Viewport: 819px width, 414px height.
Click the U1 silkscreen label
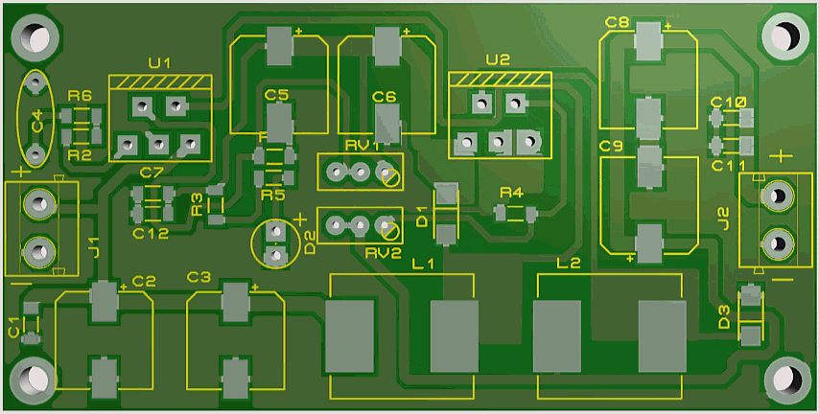(x=159, y=63)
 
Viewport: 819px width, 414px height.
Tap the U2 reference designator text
(x=498, y=59)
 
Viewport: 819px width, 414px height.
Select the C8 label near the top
(x=617, y=22)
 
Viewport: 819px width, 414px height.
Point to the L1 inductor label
(x=423, y=264)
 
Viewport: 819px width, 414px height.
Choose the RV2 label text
(x=383, y=253)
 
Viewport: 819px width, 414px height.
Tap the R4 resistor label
(x=511, y=194)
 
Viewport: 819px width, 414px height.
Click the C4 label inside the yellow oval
(x=36, y=122)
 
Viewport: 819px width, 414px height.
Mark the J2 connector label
(x=723, y=218)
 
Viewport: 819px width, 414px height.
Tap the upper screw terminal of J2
(x=776, y=196)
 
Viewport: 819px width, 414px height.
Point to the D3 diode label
(x=725, y=316)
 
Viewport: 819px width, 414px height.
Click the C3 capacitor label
(x=199, y=277)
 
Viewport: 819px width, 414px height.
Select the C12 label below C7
(x=150, y=233)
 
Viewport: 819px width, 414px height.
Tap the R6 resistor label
(x=81, y=96)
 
